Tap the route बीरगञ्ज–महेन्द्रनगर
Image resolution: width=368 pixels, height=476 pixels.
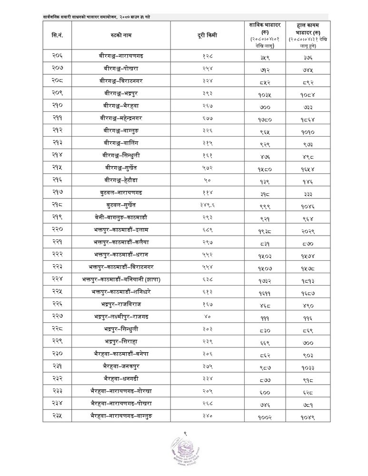(x=120, y=117)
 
